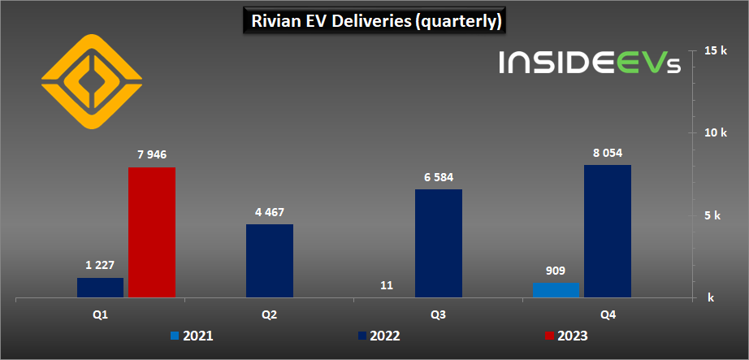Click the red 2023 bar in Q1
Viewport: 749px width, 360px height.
coord(152,233)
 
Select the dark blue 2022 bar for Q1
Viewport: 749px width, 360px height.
coord(100,288)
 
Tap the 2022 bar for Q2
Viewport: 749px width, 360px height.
coord(270,262)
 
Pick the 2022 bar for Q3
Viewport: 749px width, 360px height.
coord(439,244)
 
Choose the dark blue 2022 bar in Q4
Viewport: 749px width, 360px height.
coord(608,232)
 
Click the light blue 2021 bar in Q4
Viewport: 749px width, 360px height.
coord(556,290)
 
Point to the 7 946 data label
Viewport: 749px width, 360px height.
coord(152,154)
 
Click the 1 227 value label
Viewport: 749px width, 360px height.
coord(100,265)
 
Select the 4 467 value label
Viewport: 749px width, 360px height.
coord(270,212)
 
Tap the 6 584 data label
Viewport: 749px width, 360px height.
coord(439,177)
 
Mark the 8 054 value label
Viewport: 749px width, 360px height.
coord(608,153)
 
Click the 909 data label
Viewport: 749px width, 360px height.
coord(556,271)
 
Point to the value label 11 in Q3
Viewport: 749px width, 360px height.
coord(387,286)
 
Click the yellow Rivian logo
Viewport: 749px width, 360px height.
coord(92,82)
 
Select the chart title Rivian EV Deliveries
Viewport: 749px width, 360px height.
coord(374,20)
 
